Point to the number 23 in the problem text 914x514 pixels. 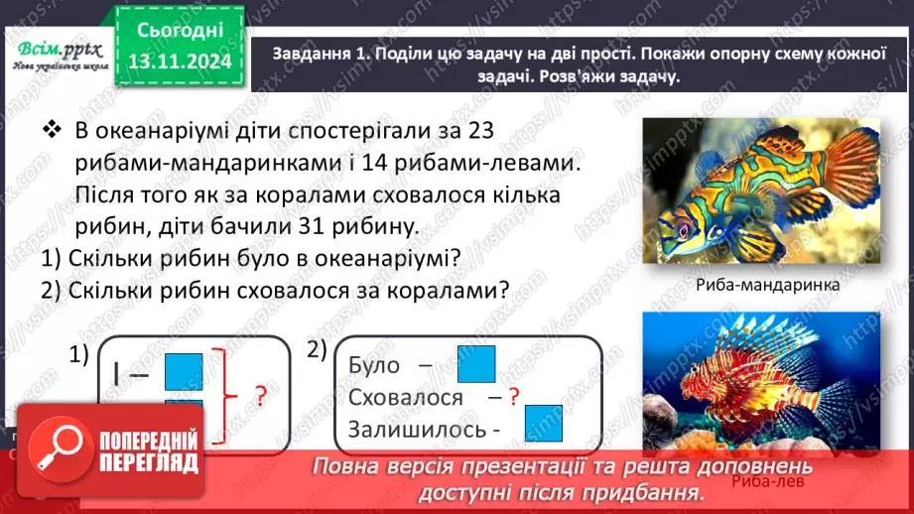pos(472,132)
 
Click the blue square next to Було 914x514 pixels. pos(476,364)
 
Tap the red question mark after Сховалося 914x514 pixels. pos(513,397)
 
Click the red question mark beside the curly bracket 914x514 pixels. pos(261,397)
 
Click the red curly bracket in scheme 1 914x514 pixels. pos(230,397)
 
